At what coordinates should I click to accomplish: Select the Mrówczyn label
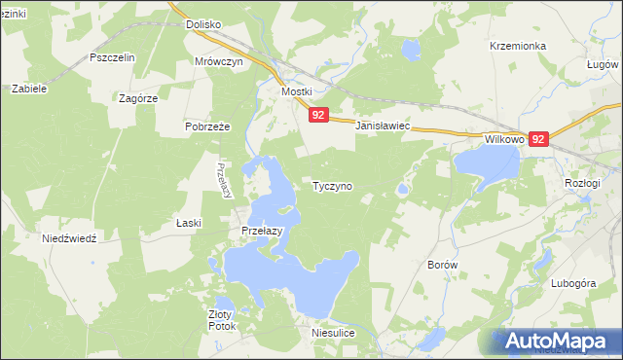(217, 60)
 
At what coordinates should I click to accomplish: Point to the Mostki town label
(296, 91)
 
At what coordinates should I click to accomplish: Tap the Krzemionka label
(519, 46)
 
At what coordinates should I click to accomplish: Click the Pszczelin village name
(112, 57)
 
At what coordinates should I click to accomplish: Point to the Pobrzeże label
(206, 126)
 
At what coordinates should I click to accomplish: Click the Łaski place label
(188, 223)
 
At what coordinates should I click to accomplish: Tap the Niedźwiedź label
(69, 238)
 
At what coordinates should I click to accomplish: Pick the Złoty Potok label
(222, 320)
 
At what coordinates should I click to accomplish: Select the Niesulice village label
(332, 333)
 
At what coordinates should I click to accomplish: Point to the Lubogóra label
(571, 283)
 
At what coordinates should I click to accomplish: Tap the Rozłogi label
(584, 183)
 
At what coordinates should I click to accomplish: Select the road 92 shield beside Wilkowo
(539, 139)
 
